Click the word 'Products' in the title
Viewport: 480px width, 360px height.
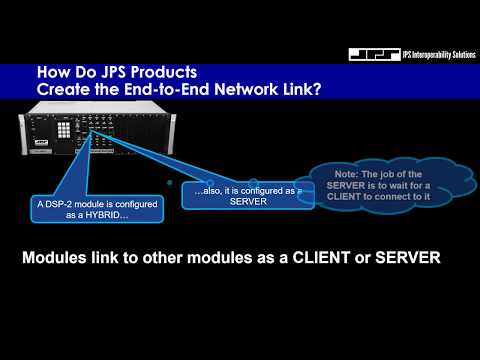click(168, 73)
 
